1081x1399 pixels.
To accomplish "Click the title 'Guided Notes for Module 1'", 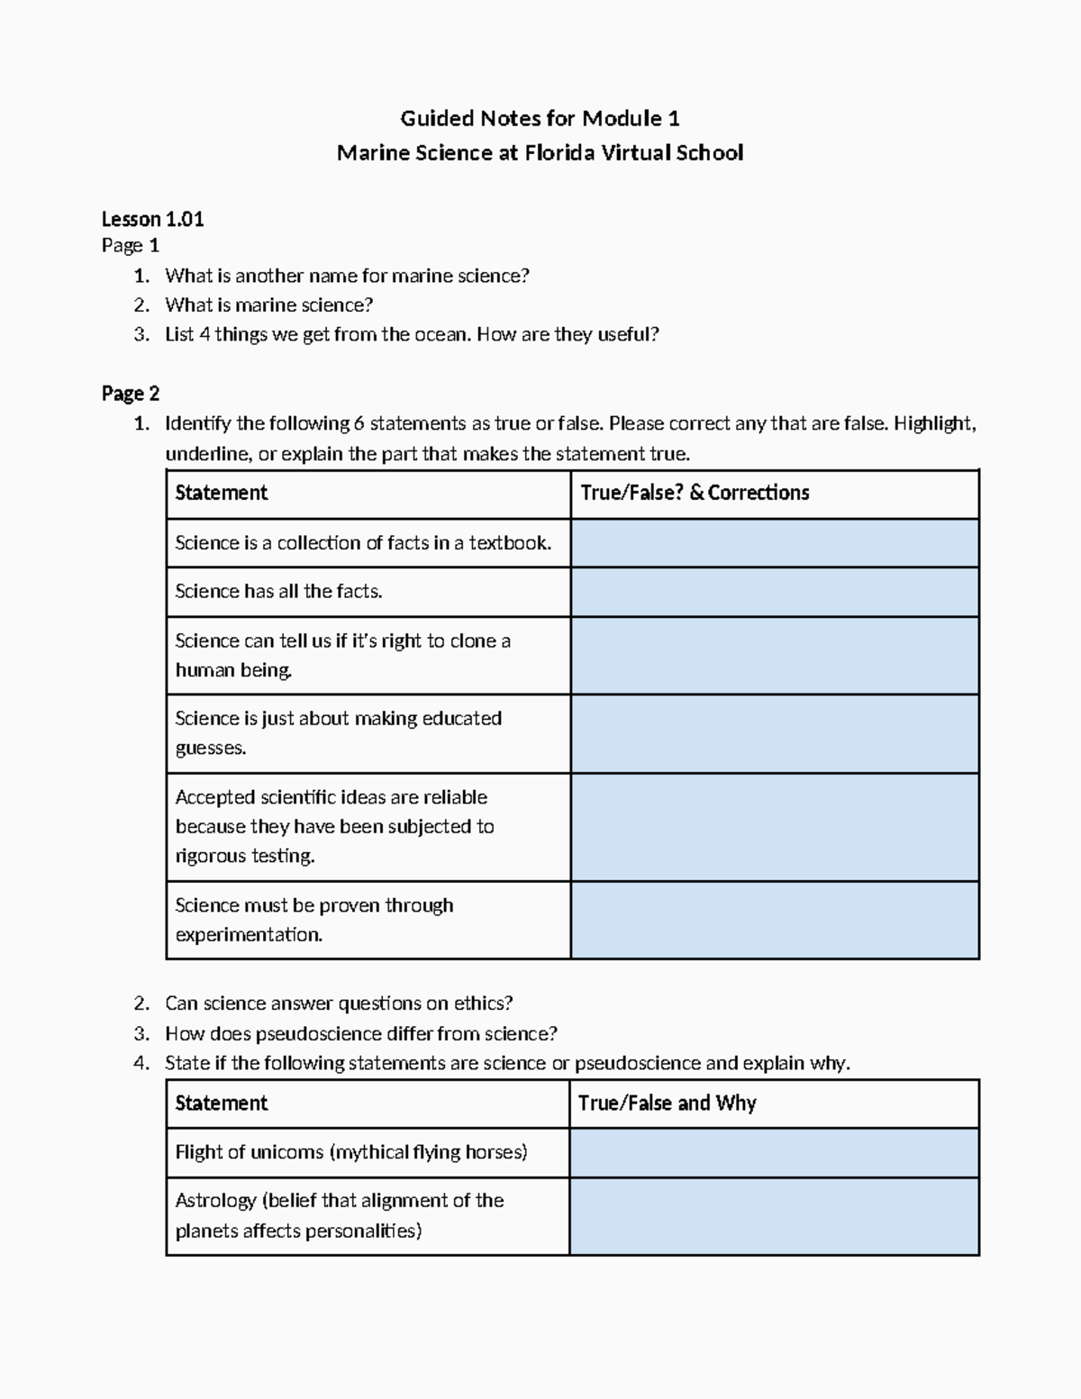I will coord(540,118).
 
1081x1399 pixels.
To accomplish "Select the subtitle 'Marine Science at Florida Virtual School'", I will coord(540,152).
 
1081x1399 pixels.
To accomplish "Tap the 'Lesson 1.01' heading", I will coord(152,219).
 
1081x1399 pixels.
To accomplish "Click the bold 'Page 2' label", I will coord(131,394).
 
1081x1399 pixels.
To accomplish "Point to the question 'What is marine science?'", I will coord(268,305).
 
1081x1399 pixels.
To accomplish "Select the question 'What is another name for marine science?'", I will coord(347,276).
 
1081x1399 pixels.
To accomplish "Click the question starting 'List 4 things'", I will coord(412,335).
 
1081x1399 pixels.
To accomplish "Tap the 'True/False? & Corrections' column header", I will coord(695,493).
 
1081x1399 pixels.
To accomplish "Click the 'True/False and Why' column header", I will coord(667,1104).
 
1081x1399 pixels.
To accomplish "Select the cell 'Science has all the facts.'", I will coord(278,592).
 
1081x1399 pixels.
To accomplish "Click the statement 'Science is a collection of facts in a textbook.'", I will coord(363,543).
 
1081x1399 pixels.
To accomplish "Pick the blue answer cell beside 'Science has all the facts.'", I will coord(775,592).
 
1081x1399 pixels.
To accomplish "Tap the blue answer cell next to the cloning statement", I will coord(775,656).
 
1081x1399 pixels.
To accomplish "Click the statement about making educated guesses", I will coord(338,733).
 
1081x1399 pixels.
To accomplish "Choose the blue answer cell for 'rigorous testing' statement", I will coord(775,827).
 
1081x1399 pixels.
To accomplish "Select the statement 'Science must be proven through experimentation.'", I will coord(313,920).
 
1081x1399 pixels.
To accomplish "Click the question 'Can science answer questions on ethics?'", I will coord(339,1004).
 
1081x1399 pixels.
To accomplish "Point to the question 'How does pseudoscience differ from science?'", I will coord(360,1033).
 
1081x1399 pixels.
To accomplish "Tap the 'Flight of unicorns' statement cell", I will coord(351,1152).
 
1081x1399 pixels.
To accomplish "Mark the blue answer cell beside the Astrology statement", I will coord(775,1216).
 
